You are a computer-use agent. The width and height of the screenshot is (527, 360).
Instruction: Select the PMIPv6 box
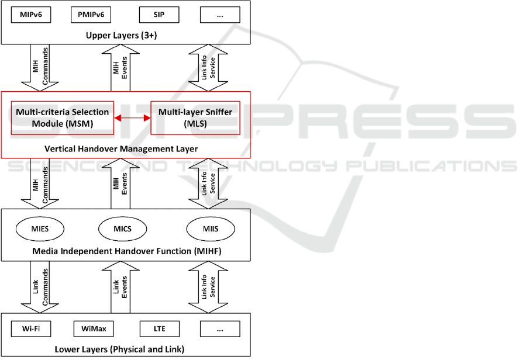coord(90,15)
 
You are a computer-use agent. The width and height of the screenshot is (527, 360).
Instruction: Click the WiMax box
coord(90,329)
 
